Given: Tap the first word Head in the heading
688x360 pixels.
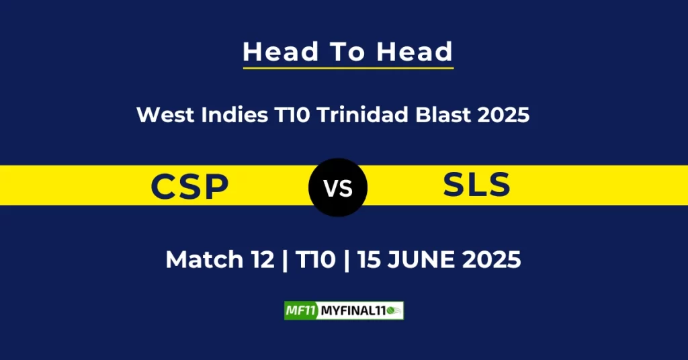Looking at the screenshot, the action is click(280, 52).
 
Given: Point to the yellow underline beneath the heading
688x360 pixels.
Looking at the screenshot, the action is click(349, 68).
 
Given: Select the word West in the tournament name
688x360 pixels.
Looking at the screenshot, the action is click(165, 115).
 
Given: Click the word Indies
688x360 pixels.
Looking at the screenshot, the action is click(234, 115).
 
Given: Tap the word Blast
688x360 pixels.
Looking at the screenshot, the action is click(443, 115).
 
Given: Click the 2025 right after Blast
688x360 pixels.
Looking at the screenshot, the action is click(503, 115).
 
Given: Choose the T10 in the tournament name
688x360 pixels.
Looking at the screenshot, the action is click(292, 115).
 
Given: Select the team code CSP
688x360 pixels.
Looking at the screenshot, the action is click(189, 186).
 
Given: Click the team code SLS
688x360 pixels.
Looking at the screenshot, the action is click(476, 184).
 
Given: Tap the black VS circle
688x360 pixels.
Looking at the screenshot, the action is click(338, 187).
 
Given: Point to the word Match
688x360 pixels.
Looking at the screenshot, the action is click(204, 259).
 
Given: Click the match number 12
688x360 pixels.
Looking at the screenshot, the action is click(263, 259).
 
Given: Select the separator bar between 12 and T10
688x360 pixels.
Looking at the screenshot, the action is click(285, 261).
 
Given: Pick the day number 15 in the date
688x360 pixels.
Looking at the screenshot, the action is click(369, 259).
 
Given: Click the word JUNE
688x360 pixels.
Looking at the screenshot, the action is click(421, 259).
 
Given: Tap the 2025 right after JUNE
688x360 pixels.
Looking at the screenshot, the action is click(491, 259).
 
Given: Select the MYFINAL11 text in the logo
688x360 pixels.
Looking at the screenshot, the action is click(353, 311).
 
